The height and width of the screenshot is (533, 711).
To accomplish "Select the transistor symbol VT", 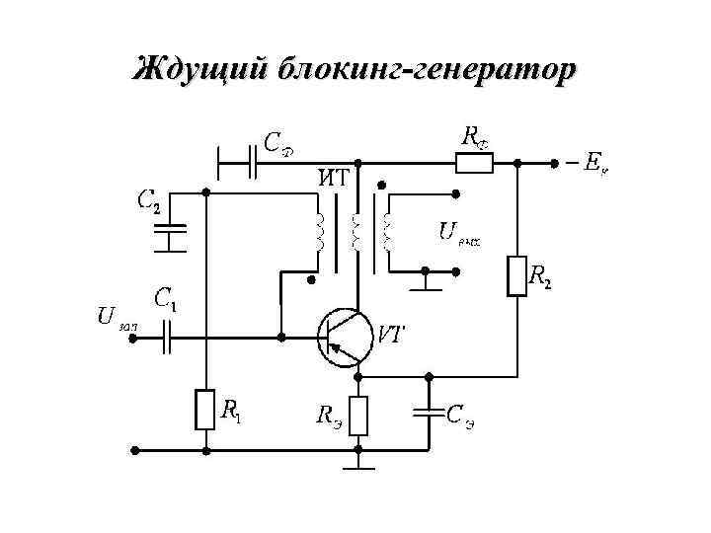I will [x=345, y=337].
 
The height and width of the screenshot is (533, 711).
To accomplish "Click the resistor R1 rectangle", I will [x=205, y=410].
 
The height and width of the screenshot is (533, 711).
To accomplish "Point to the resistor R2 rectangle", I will [x=516, y=275].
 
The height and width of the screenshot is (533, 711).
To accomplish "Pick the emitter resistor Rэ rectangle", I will [x=358, y=416].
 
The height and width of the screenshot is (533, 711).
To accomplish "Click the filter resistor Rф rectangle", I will [x=474, y=162].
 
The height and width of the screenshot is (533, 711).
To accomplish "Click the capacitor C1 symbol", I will [x=168, y=338].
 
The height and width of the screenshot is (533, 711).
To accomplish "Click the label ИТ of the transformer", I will [x=332, y=179].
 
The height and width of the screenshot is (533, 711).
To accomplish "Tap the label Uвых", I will [x=458, y=233].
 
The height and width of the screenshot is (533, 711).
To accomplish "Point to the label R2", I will [x=540, y=276].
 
